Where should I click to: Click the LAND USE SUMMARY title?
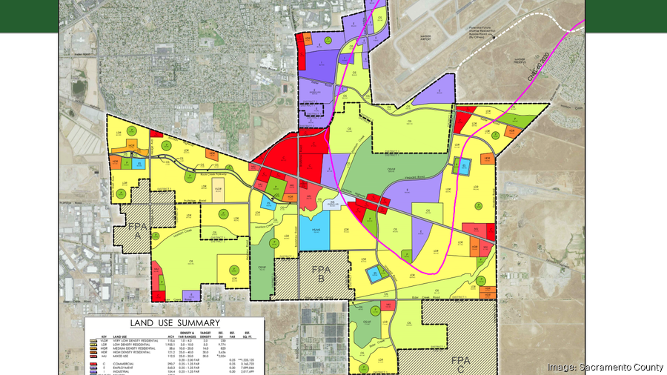click(175, 323)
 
